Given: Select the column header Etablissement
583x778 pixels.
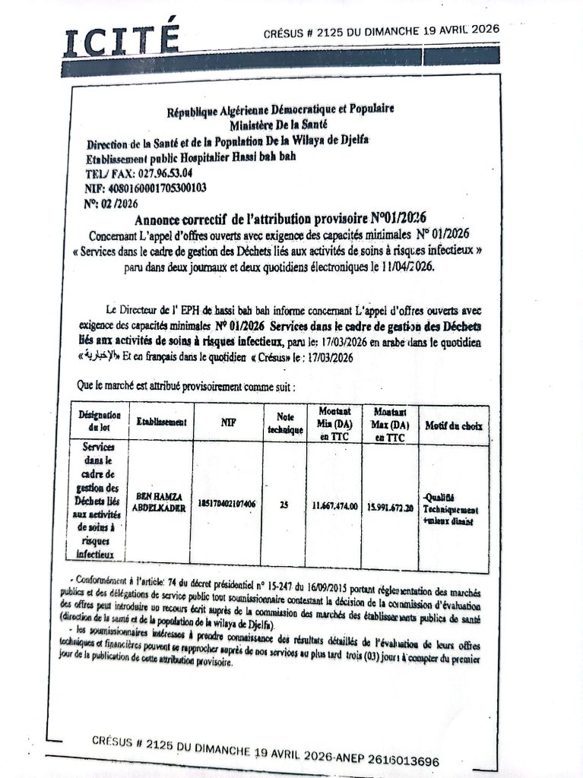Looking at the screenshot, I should (161, 422).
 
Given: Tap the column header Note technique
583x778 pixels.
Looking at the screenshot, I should (285, 422).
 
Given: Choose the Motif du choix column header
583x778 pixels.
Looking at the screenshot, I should (454, 425).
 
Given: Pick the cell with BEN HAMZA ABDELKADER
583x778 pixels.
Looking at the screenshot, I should (160, 503).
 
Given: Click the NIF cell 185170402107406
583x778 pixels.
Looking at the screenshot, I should (227, 504).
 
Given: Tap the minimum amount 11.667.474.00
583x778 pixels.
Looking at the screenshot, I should (334, 505).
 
